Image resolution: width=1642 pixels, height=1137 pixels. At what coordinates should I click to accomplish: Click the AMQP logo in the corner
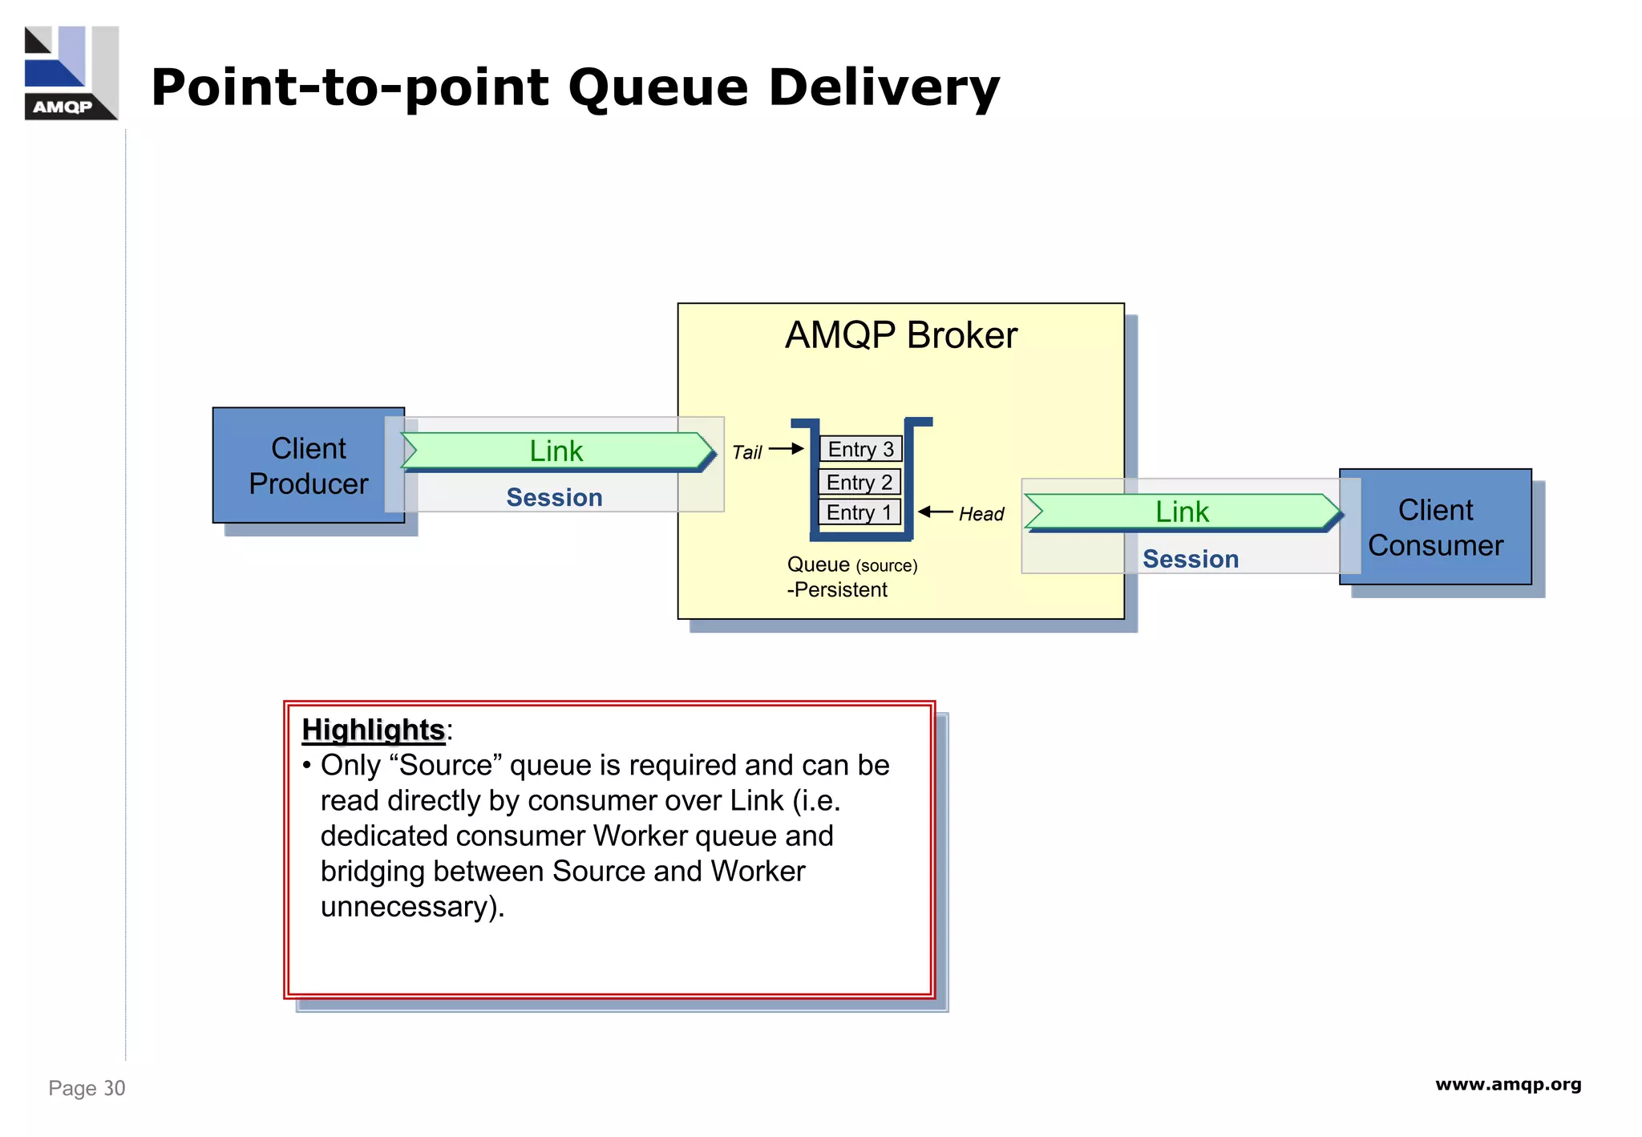(x=71, y=73)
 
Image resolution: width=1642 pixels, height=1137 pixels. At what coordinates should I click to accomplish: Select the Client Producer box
(x=308, y=466)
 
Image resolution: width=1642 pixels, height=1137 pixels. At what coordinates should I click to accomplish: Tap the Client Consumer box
(x=1435, y=528)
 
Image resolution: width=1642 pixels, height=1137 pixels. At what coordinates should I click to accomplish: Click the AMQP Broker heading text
(x=900, y=335)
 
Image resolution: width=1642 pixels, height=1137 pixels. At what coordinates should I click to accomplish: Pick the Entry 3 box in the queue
(x=860, y=449)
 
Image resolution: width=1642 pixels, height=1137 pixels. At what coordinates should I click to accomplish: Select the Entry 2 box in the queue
(x=859, y=482)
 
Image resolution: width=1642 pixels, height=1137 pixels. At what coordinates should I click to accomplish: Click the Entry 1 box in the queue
(x=859, y=512)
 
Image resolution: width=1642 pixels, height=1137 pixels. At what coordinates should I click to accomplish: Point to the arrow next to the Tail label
(x=786, y=449)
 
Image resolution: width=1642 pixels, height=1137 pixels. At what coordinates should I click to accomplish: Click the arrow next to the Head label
(x=935, y=512)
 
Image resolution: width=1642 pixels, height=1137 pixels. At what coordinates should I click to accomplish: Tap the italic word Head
(x=981, y=514)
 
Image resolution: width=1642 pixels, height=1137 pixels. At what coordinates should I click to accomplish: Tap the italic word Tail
(x=746, y=452)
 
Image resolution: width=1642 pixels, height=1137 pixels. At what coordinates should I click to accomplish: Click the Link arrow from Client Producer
(x=556, y=451)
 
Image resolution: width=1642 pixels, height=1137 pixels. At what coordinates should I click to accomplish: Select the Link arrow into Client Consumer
(x=1182, y=512)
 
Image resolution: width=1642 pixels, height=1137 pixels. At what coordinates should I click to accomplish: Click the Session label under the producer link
(x=554, y=497)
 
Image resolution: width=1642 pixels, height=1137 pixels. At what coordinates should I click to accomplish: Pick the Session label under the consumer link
(x=1190, y=559)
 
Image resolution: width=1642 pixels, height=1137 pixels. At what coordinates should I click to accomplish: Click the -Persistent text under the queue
(x=837, y=590)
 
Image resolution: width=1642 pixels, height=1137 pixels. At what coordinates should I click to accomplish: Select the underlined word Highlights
(x=373, y=730)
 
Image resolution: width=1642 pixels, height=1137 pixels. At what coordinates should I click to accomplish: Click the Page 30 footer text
(x=87, y=1088)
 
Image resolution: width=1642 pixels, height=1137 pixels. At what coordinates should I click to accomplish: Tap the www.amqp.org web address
(x=1507, y=1085)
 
